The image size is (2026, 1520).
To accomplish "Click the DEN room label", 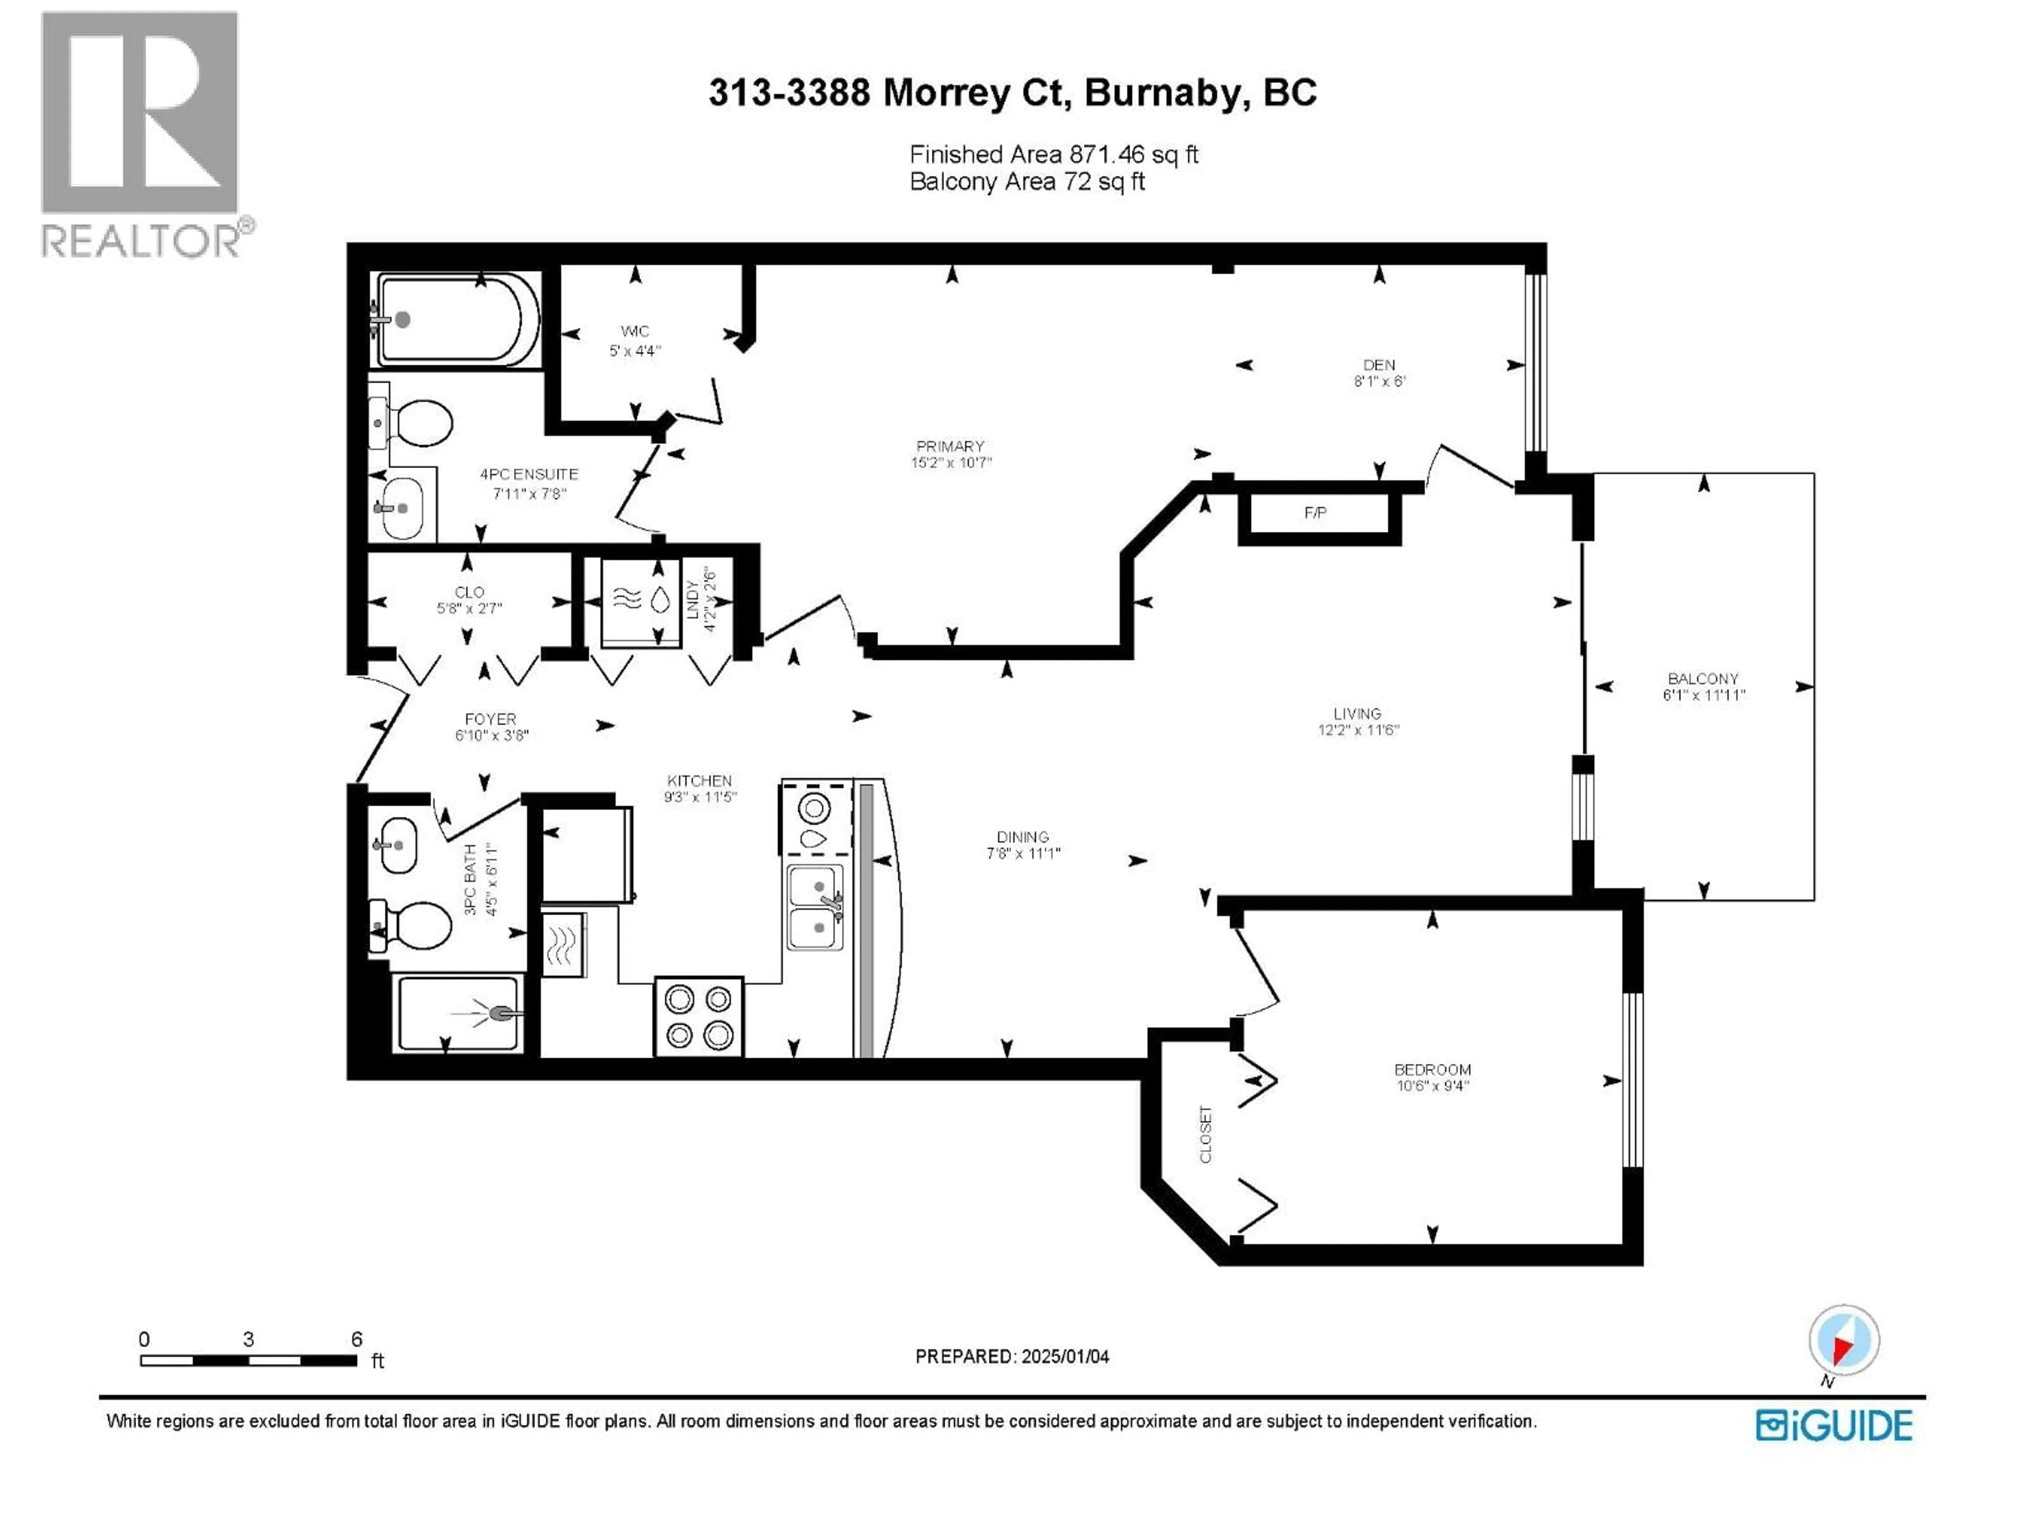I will pyautogui.click(x=1379, y=365).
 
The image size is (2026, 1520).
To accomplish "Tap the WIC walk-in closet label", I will pyautogui.click(x=635, y=331).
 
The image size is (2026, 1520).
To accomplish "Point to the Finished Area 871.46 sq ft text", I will pyautogui.click(x=1053, y=155).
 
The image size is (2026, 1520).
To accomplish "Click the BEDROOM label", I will pyautogui.click(x=1431, y=1069).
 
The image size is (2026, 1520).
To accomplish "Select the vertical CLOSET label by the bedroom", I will pyautogui.click(x=1206, y=1134).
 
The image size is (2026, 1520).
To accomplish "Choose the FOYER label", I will pyautogui.click(x=490, y=719).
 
